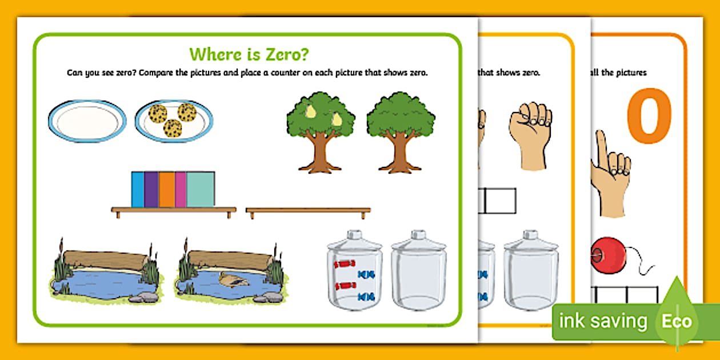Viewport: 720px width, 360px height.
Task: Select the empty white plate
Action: point(87,121)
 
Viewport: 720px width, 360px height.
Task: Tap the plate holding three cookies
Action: point(174,121)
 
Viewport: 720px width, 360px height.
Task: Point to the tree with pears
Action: point(320,132)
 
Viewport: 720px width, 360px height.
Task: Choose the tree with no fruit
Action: point(400,132)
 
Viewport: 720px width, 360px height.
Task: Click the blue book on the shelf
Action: point(138,189)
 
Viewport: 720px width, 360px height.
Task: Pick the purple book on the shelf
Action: point(151,189)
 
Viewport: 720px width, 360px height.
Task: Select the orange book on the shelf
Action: point(166,189)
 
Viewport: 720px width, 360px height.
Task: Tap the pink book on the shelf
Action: point(181,189)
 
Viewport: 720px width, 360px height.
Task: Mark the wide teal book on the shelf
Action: point(201,189)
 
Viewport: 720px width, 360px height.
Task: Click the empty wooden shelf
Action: point(308,211)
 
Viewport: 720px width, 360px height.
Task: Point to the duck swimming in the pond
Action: point(232,279)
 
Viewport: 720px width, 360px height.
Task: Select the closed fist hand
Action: point(530,135)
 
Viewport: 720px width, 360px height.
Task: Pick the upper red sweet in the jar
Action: point(345,263)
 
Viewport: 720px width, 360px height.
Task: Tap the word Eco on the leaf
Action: point(677,321)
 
